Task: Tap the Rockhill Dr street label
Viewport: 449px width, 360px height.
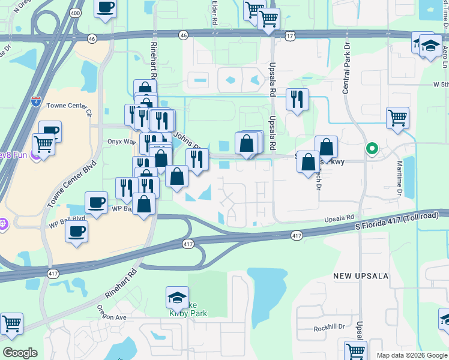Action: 329,328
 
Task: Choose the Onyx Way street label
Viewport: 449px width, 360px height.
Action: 122,142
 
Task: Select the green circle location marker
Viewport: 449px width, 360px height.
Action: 372,149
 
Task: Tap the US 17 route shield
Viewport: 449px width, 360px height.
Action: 291,37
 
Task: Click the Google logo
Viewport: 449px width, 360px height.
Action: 20,353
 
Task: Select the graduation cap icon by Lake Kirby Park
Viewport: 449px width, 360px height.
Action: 177,298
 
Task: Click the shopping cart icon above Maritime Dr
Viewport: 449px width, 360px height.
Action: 397,118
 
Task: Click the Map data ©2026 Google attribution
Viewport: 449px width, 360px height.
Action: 412,355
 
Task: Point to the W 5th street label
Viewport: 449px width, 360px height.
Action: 440,85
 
